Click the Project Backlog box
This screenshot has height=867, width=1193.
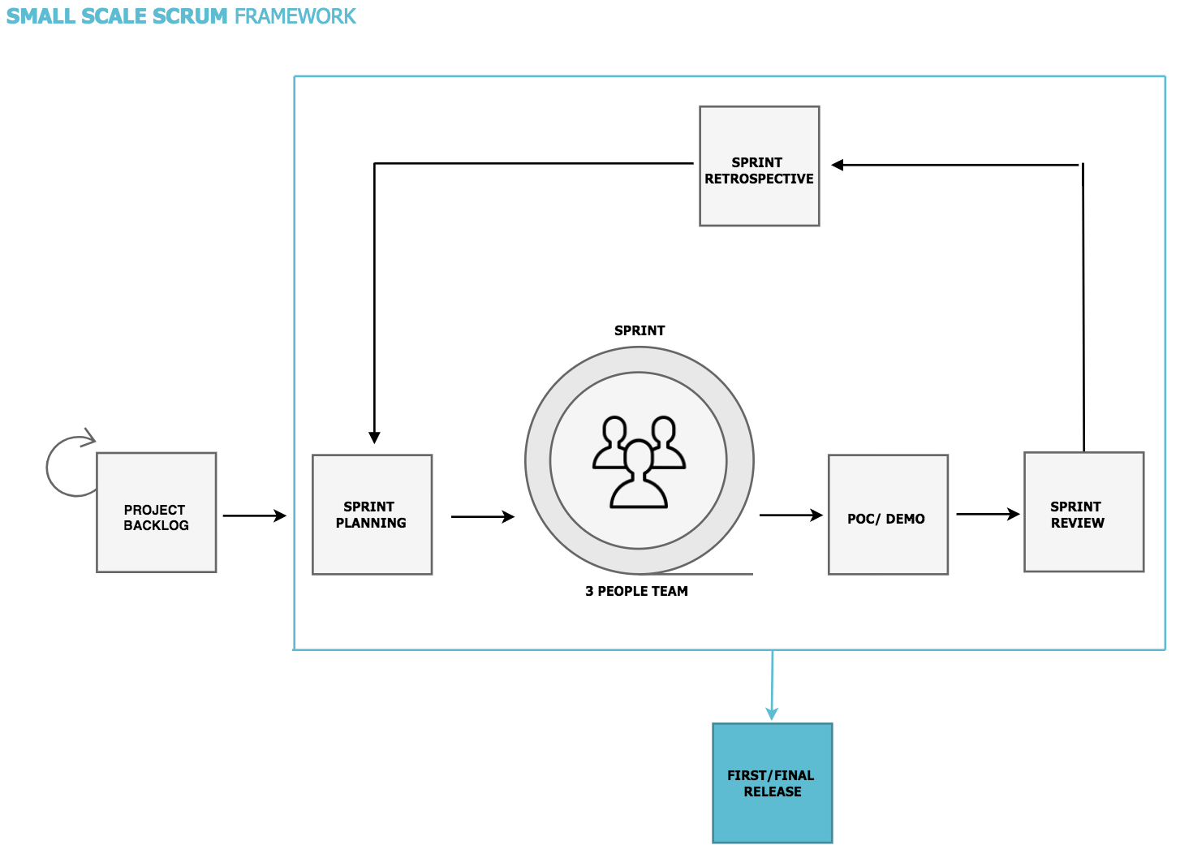pyautogui.click(x=156, y=512)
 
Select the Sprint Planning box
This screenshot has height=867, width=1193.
pyautogui.click(x=372, y=515)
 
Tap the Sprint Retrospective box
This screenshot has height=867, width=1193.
pyautogui.click(x=759, y=166)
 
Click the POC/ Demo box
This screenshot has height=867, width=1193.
pyautogui.click(x=888, y=515)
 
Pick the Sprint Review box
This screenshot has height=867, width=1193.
pyautogui.click(x=1083, y=512)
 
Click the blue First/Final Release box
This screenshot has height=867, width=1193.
pyautogui.click(x=772, y=783)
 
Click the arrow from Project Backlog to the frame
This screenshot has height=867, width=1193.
pyautogui.click(x=254, y=515)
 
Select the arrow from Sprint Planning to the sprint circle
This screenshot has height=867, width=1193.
pyautogui.click(x=482, y=516)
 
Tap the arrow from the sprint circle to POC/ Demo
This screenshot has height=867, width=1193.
pyautogui.click(x=790, y=515)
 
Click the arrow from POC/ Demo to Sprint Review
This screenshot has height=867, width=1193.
pyautogui.click(x=987, y=514)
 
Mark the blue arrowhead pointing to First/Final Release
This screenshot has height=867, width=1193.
pyautogui.click(x=772, y=713)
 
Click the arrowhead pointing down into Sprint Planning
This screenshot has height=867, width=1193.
pyautogui.click(x=374, y=438)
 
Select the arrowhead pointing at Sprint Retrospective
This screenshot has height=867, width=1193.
pyautogui.click(x=838, y=165)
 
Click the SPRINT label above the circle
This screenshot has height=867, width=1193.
pyautogui.click(x=640, y=330)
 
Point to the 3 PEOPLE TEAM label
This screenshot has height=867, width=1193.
pyautogui.click(x=636, y=591)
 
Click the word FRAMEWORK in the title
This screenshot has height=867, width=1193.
pyautogui.click(x=295, y=16)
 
